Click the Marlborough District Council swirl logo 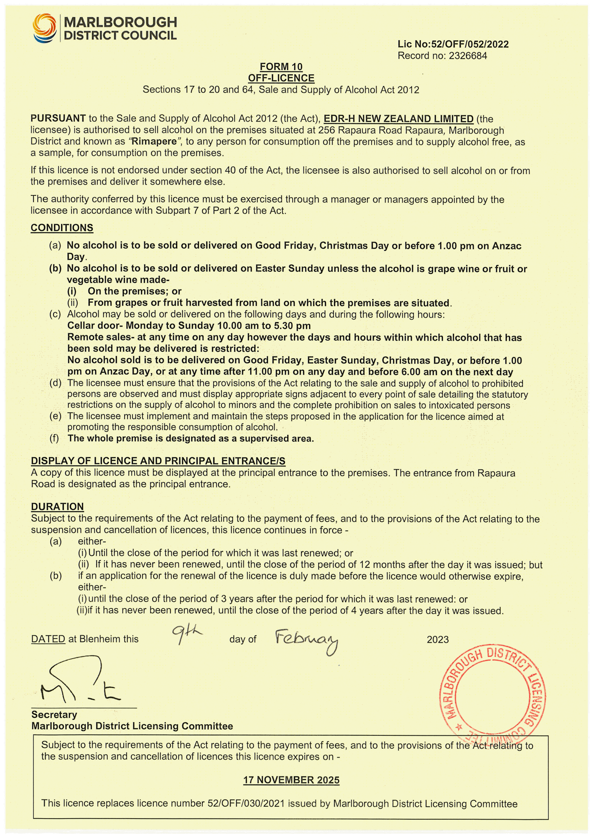[x=44, y=28]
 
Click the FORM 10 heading [x=281, y=66]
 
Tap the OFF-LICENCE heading [x=281, y=78]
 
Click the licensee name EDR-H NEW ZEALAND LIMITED [x=398, y=119]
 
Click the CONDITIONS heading [x=62, y=228]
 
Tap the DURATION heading [x=57, y=507]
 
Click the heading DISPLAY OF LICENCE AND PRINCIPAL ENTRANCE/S [x=158, y=461]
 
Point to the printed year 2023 [x=438, y=640]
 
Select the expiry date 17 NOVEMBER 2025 [x=291, y=780]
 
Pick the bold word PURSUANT [x=58, y=118]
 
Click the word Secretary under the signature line [x=54, y=714]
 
